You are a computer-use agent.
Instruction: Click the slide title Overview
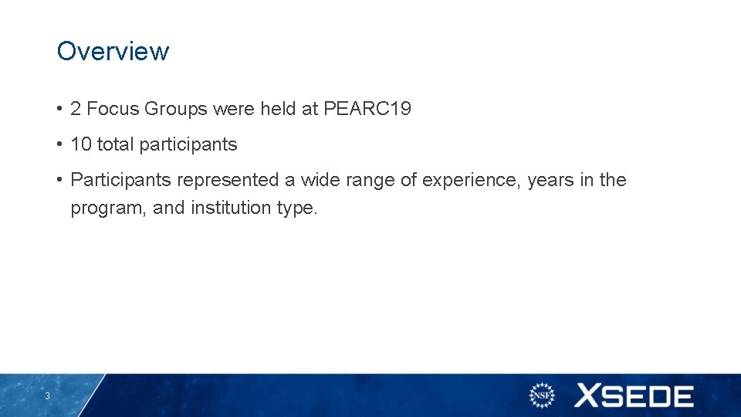(x=113, y=51)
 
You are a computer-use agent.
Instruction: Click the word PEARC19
(x=367, y=109)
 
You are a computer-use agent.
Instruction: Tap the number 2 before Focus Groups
(x=76, y=109)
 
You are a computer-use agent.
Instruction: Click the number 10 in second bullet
(x=81, y=144)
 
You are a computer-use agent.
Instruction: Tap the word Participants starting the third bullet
(x=120, y=180)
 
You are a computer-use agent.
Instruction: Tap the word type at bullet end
(x=296, y=208)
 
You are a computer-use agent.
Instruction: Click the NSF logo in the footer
(x=542, y=396)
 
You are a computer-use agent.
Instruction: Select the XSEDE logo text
(x=634, y=396)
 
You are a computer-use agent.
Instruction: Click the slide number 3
(x=47, y=396)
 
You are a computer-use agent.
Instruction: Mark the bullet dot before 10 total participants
(x=59, y=144)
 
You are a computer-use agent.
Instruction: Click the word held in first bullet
(x=278, y=109)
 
